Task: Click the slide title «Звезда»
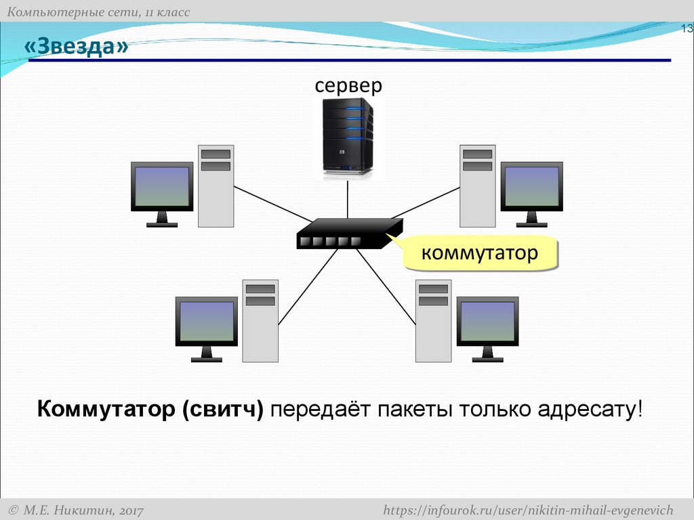[76, 47]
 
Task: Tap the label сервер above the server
[348, 85]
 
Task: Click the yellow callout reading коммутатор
[480, 254]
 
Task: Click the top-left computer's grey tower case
[216, 186]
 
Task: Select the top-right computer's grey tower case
[477, 186]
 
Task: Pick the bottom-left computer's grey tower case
[260, 321]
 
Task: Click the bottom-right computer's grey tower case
[433, 321]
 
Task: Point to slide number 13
[686, 28]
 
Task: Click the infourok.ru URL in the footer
[528, 509]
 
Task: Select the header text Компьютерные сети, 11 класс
[99, 12]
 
